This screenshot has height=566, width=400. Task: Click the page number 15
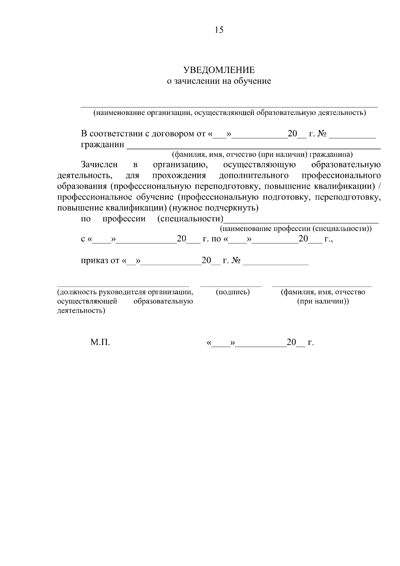point(219,30)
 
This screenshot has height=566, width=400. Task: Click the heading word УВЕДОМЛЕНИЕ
point(219,70)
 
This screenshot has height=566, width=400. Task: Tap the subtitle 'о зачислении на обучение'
point(219,81)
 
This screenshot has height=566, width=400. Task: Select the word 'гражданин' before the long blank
point(103,145)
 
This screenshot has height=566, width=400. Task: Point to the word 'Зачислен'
point(99,165)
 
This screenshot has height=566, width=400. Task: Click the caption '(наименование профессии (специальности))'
point(296,229)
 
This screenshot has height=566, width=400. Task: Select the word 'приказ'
point(95,260)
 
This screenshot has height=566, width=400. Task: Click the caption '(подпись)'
point(233,292)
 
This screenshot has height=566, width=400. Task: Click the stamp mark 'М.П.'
point(100,342)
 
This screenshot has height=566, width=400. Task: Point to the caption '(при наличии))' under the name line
point(323,301)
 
